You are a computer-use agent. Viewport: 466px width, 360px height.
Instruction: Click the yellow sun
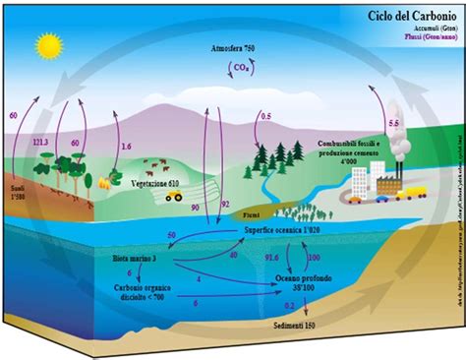click(46, 45)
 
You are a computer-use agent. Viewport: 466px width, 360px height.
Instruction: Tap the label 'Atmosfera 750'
click(233, 48)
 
